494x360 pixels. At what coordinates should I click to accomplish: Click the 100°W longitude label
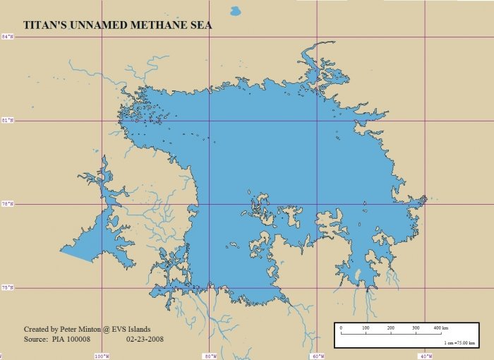pyautogui.click(x=102, y=355)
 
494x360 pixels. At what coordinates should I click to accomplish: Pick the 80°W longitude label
pyautogui.click(x=210, y=355)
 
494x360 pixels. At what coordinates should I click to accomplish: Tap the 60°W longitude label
pyautogui.click(x=318, y=355)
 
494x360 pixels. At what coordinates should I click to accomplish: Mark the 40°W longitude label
pyautogui.click(x=426, y=355)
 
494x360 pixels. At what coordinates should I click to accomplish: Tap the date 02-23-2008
pyautogui.click(x=145, y=340)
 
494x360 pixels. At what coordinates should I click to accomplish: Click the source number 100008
pyautogui.click(x=77, y=340)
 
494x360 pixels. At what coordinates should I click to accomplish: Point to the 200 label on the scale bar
pyautogui.click(x=390, y=328)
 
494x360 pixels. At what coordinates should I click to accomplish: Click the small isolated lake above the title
pyautogui.click(x=235, y=11)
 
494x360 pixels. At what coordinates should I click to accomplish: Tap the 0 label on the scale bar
pyautogui.click(x=341, y=328)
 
